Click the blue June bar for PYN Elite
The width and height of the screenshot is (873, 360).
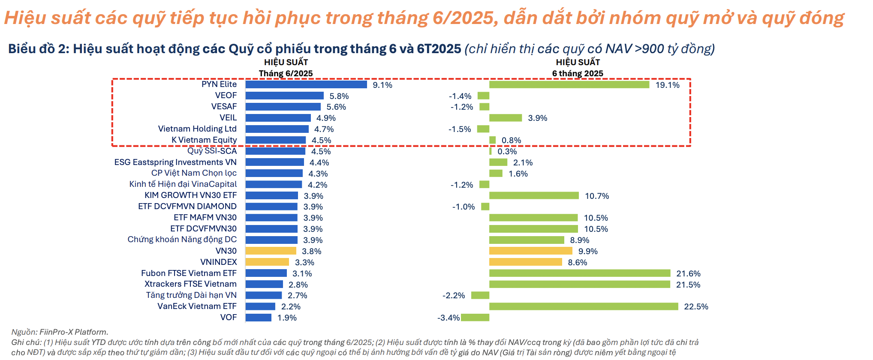pyautogui.click(x=306, y=84)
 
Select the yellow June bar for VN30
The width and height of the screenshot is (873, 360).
pyautogui.click(x=271, y=251)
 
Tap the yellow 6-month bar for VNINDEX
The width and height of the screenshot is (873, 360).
pyautogui.click(x=525, y=262)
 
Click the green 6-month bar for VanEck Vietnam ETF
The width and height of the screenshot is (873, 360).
pyautogui.click(x=583, y=306)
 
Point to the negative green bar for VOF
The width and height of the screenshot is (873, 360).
pyautogui.click(x=475, y=317)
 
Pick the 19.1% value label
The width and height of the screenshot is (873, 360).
pyautogui.click(x=667, y=85)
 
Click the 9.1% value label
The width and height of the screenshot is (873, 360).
pyautogui.click(x=382, y=85)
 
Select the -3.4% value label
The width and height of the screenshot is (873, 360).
pyautogui.click(x=448, y=318)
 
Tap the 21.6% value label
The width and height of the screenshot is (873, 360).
pyautogui.click(x=688, y=273)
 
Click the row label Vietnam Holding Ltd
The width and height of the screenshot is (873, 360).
pyautogui.click(x=197, y=129)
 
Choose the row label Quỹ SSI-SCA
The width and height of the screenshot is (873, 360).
pyautogui.click(x=212, y=151)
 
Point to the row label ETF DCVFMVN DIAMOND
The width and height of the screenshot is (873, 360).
pyautogui.click(x=187, y=206)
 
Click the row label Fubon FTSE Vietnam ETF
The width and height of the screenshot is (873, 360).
pyautogui.click(x=189, y=273)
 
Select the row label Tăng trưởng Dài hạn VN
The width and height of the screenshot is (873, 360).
pyautogui.click(x=191, y=295)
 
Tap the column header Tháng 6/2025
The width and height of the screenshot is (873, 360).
pyautogui.click(x=286, y=73)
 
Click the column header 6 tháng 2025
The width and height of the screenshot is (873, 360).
pyautogui.click(x=577, y=73)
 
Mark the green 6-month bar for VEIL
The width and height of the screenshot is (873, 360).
pyautogui.click(x=506, y=118)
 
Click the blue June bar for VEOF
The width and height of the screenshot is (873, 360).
pyautogui.click(x=284, y=96)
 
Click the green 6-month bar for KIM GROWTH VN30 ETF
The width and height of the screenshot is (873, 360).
pyautogui.click(x=534, y=195)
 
